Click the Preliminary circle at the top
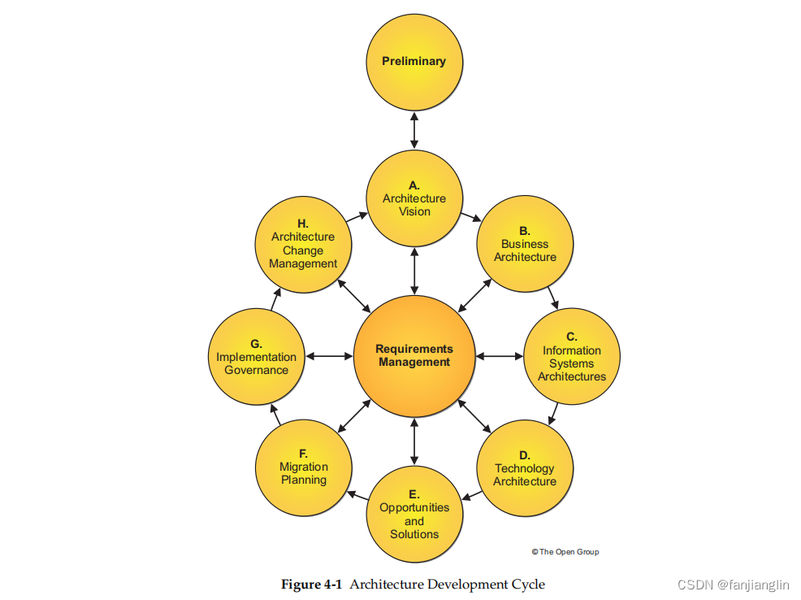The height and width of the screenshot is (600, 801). (414, 62)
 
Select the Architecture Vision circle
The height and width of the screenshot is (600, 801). (414, 199)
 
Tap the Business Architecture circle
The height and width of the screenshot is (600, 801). (525, 245)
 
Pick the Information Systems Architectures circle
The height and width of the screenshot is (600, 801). (572, 357)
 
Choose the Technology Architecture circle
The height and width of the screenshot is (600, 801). (525, 469)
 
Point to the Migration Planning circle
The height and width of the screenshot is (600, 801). (304, 468)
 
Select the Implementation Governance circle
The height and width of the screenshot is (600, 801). (257, 357)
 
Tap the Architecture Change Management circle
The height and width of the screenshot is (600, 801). (304, 245)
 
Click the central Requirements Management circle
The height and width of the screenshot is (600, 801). (414, 356)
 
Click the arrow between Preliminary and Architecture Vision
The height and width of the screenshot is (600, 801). (414, 130)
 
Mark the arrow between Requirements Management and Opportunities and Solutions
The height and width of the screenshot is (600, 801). (414, 441)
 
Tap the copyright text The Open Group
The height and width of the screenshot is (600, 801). (565, 552)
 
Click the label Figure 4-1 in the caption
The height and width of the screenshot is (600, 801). (312, 585)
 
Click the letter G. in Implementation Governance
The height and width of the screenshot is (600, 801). (256, 344)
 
